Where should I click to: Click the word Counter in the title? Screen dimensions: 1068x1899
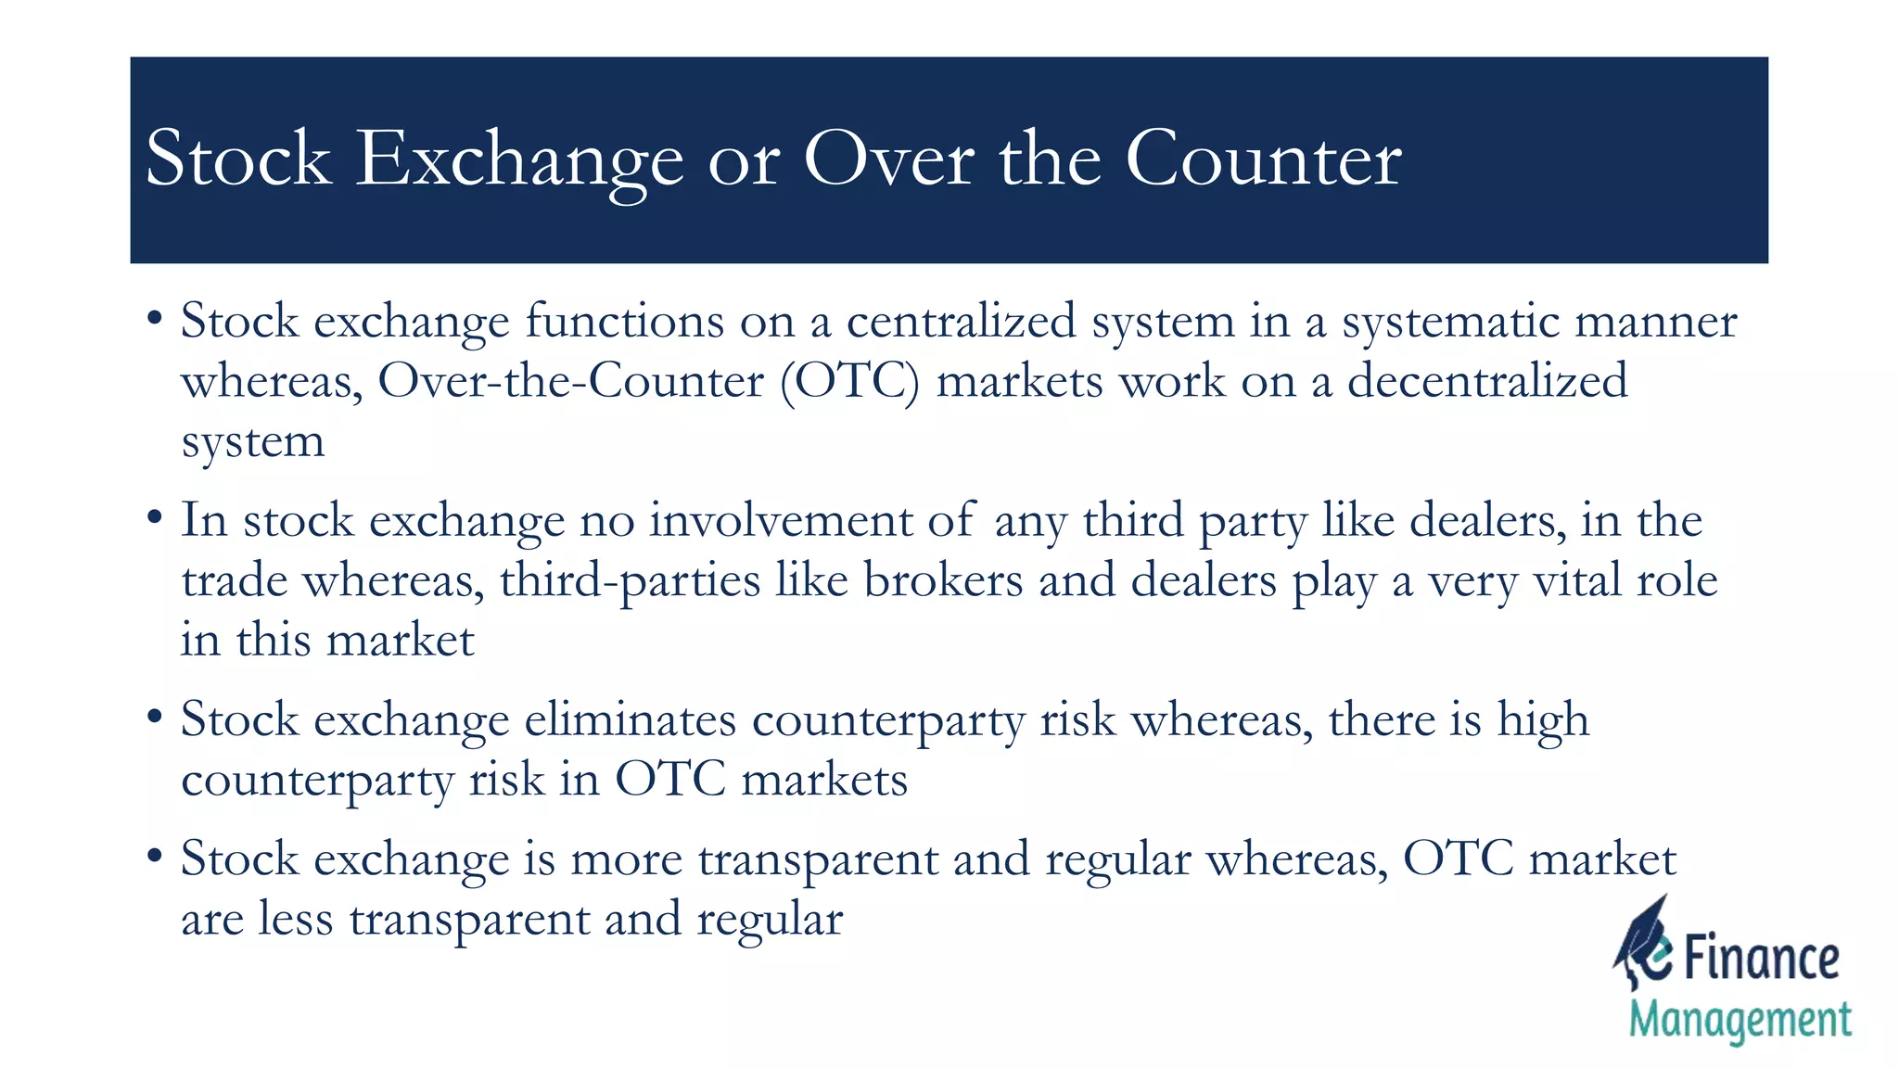(1262, 159)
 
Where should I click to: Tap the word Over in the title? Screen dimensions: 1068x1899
(887, 159)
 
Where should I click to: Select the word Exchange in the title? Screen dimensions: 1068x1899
(519, 159)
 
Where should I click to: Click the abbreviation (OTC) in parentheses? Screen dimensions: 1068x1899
(849, 382)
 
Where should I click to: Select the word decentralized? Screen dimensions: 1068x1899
(1486, 382)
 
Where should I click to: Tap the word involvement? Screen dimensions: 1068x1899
(780, 520)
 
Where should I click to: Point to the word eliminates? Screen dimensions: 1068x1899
(630, 719)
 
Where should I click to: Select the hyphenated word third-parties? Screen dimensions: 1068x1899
(630, 580)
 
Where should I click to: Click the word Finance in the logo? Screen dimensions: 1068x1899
(1760, 959)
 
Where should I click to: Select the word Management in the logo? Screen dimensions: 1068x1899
(1740, 1020)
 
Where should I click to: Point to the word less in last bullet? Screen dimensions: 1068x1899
(295, 919)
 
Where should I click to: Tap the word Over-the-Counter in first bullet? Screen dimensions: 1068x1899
(570, 382)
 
